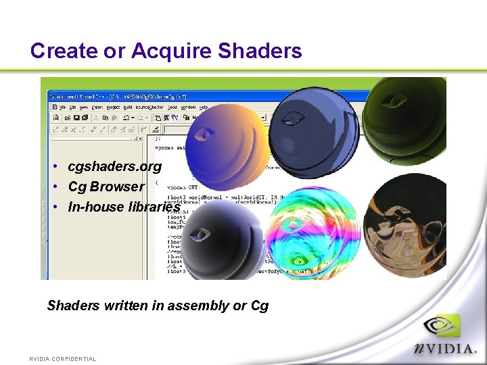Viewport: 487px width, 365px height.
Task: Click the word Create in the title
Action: (x=60, y=51)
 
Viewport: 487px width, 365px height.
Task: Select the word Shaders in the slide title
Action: (x=260, y=51)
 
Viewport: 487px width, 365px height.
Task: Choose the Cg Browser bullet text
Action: (x=106, y=187)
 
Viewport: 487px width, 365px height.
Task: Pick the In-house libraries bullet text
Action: (x=124, y=207)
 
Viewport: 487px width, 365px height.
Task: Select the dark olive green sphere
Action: (x=406, y=115)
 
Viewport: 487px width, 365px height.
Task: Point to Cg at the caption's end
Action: (x=260, y=306)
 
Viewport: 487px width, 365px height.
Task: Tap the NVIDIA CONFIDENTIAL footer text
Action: (x=63, y=359)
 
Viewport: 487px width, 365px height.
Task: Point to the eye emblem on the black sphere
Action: (x=200, y=235)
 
